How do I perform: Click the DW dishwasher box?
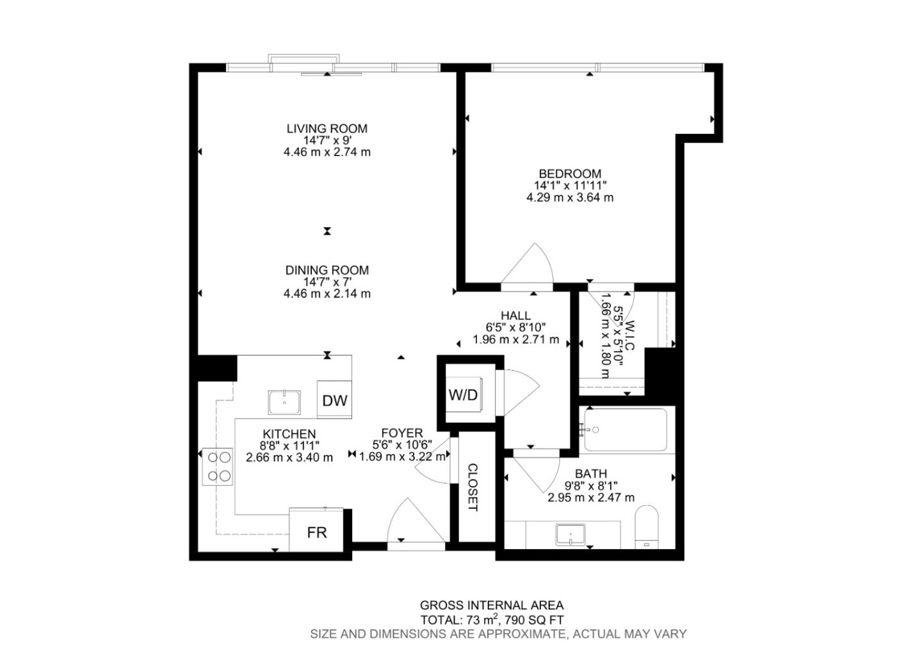pos(334,400)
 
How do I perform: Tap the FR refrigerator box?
pos(316,531)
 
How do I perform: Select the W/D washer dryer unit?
pos(463,394)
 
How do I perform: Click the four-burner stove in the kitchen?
pos(218,466)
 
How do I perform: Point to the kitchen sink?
pos(284,403)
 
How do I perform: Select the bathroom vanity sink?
pos(570,535)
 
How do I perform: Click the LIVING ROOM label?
pos(327,129)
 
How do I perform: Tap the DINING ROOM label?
pos(327,270)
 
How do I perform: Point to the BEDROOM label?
pos(570,173)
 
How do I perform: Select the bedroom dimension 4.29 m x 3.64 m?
pos(570,197)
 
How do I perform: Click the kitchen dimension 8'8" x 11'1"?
pos(289,446)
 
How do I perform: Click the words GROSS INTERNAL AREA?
pos(492,605)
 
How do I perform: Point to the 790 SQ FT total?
pos(534,620)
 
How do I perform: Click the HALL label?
pos(515,316)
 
